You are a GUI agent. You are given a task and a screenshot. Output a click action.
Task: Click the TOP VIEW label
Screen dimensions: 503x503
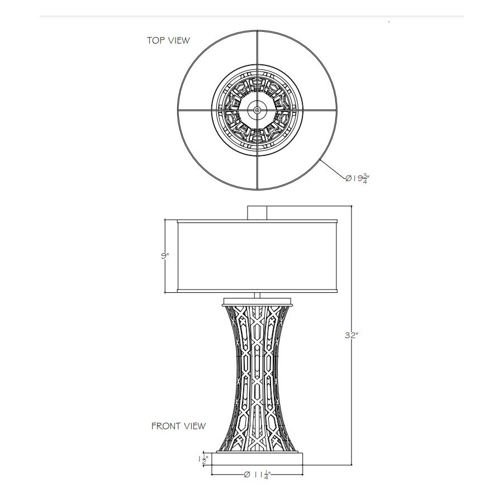(168, 40)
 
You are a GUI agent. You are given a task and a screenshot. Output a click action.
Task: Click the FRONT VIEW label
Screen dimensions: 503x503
(178, 426)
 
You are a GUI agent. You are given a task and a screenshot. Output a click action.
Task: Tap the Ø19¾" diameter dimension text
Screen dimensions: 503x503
(356, 179)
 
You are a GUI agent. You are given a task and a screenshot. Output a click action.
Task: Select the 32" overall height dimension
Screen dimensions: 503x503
(352, 335)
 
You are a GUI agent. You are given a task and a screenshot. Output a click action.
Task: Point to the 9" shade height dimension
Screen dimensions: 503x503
(165, 255)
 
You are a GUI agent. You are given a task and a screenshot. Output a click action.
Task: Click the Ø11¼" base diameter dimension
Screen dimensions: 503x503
(257, 475)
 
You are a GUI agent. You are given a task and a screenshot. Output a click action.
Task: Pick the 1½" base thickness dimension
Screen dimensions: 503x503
(203, 460)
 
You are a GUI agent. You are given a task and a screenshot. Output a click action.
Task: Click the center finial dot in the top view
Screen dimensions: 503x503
(257, 110)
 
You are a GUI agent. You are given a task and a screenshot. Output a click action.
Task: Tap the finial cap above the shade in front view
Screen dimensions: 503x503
(257, 213)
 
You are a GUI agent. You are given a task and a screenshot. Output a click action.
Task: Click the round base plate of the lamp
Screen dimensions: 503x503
(257, 459)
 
